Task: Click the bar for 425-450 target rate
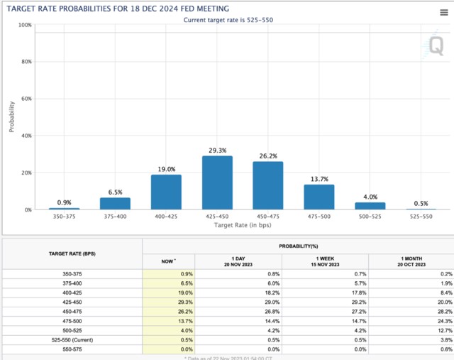click(217, 182)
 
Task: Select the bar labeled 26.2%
click(268, 185)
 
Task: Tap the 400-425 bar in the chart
click(166, 192)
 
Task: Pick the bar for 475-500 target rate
click(319, 197)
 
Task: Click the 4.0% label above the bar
click(370, 197)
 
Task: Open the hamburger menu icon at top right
click(443, 13)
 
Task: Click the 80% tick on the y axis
click(26, 62)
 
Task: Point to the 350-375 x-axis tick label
click(64, 217)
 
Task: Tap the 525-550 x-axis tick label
click(421, 217)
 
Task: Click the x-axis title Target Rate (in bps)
click(243, 225)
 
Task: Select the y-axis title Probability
click(12, 117)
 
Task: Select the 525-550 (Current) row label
click(72, 339)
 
